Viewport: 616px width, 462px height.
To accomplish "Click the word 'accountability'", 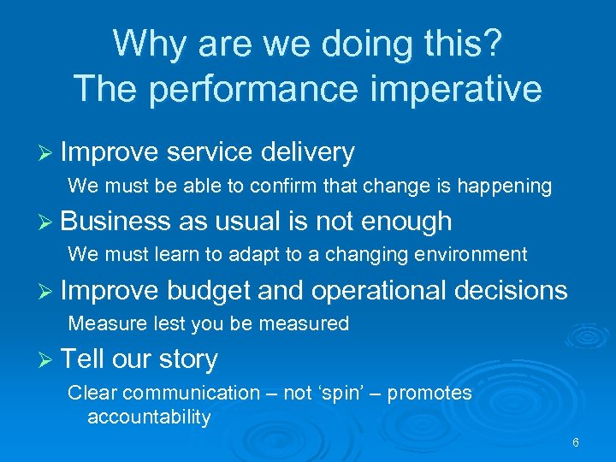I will coord(149,418).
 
